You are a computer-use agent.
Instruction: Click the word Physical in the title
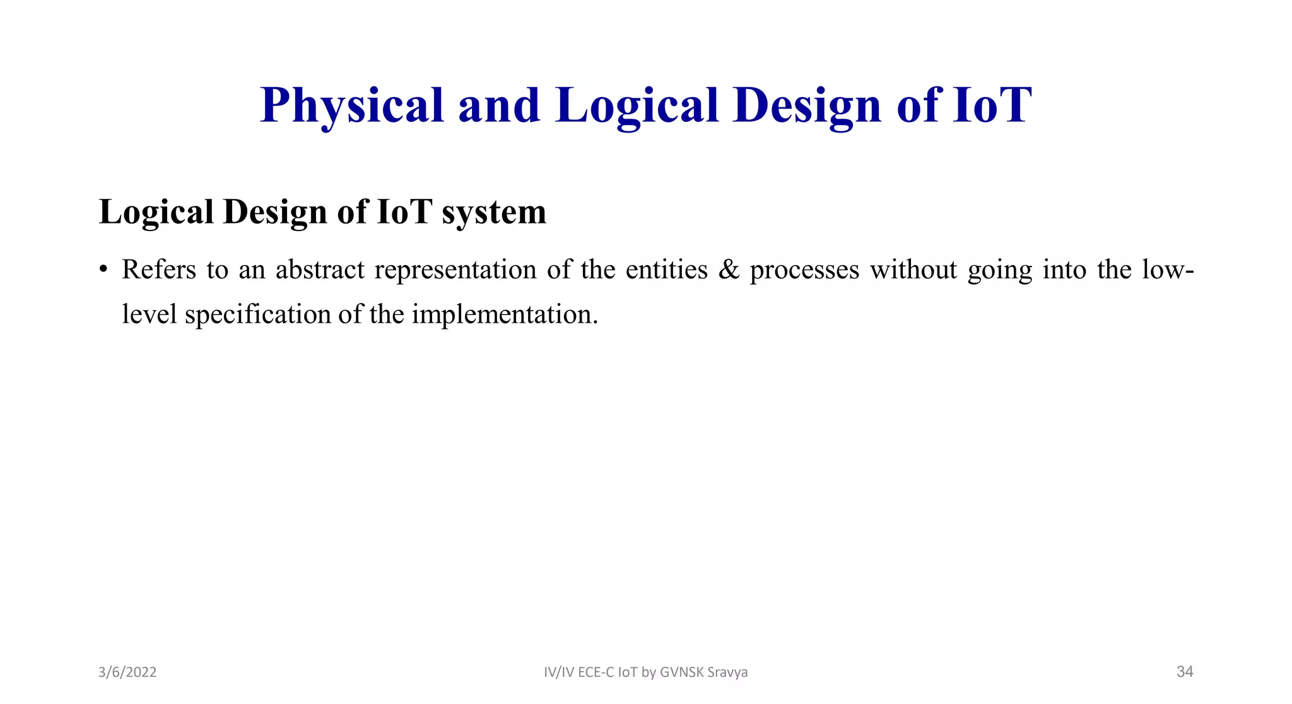(x=352, y=105)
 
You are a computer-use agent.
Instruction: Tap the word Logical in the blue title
(x=637, y=105)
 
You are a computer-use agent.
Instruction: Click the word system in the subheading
(x=494, y=212)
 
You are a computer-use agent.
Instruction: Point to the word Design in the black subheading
(x=275, y=212)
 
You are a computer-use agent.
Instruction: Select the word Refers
(x=159, y=270)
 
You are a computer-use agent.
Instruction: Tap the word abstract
(x=320, y=270)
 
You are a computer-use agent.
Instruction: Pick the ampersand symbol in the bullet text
(x=729, y=270)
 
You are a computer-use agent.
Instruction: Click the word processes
(x=804, y=270)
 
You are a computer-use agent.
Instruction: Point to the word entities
(x=667, y=270)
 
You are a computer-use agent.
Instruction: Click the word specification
(x=257, y=314)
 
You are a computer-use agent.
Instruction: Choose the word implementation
(x=504, y=314)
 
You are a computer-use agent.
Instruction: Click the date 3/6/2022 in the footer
(x=127, y=672)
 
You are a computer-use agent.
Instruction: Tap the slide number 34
(x=1185, y=672)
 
